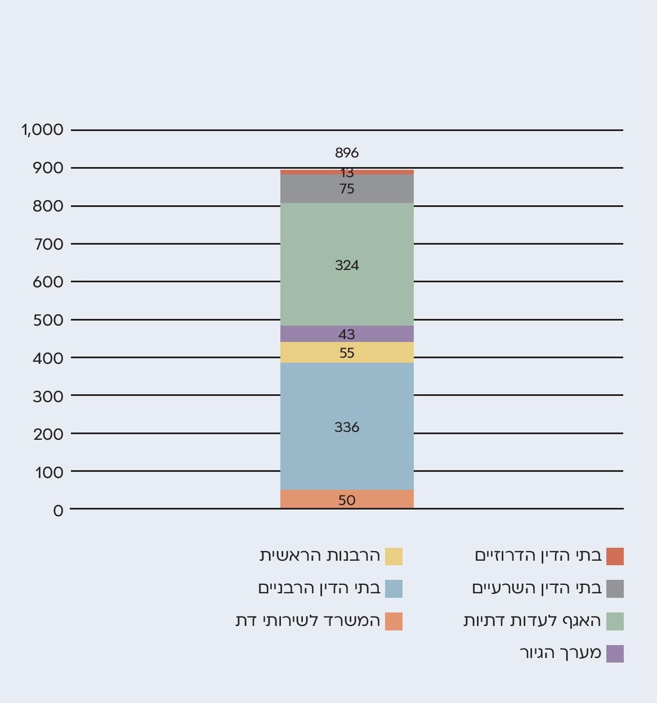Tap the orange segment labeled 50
[347, 499]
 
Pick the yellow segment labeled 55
[347, 353]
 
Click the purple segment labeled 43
[347, 334]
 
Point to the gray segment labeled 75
[347, 189]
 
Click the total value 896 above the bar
[347, 152]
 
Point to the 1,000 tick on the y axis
[43, 130]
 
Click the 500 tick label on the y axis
[48, 320]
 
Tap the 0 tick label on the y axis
[59, 511]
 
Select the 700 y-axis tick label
[48, 244]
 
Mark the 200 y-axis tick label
[48, 434]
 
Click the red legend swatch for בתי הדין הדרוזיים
[615, 556]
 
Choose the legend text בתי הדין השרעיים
[537, 588]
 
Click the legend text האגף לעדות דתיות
[533, 621]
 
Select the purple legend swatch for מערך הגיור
[615, 654]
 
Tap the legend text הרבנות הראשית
[320, 556]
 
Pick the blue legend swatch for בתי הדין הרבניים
[394, 589]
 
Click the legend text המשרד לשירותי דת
[308, 621]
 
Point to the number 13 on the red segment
[347, 173]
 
